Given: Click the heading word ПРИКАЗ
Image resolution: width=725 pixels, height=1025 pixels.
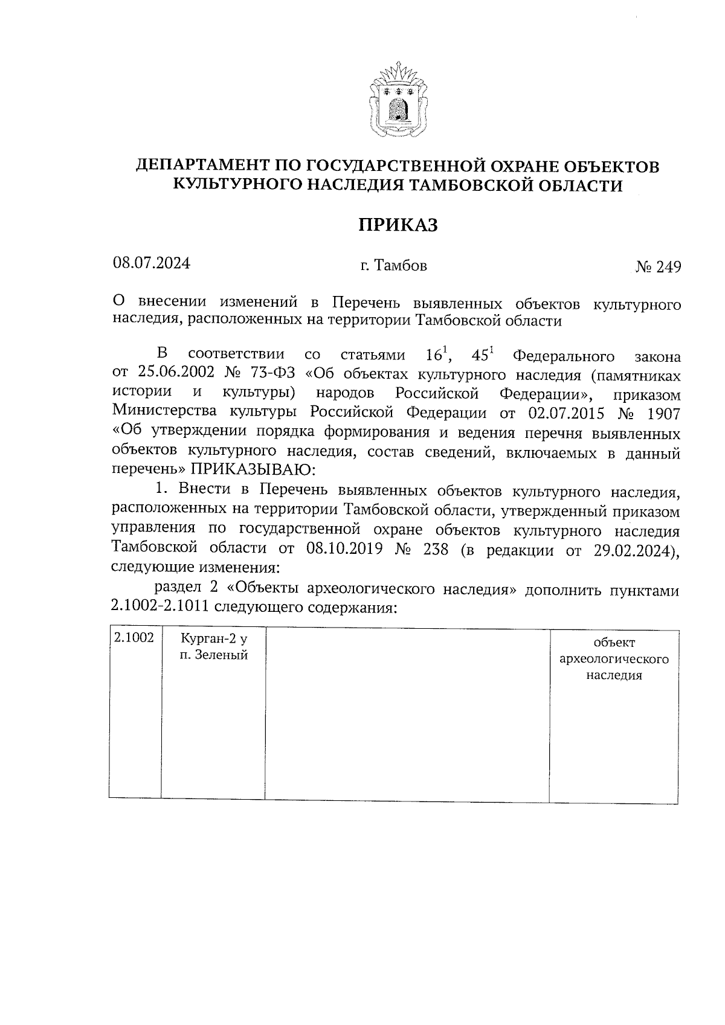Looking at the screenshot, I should pos(398,225).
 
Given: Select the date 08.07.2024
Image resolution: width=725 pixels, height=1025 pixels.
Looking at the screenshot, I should pos(151,263).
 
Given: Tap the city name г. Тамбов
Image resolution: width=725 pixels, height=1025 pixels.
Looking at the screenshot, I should pos(393,266).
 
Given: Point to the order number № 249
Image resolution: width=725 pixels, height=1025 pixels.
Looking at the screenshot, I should pos(658,267).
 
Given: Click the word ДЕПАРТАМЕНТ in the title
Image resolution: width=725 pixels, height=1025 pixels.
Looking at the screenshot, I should pos(202,166).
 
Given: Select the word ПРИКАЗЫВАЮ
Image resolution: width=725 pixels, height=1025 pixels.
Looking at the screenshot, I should pos(250,469).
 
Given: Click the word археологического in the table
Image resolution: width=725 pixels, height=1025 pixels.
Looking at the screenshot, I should pos(614,658).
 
